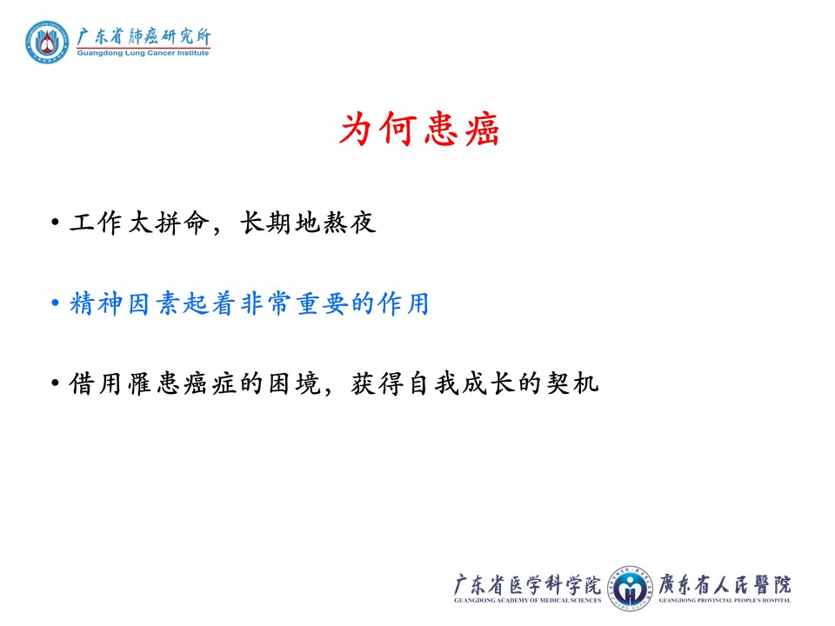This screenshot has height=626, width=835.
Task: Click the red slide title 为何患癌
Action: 419,129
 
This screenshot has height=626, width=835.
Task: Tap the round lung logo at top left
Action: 47,42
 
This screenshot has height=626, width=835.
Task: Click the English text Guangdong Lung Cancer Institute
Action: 143,53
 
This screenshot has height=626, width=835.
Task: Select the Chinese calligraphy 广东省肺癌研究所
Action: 144,37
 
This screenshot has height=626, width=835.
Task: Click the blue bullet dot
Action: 55,303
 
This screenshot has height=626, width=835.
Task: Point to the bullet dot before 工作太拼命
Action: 55,222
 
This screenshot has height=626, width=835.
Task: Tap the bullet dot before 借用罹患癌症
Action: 55,383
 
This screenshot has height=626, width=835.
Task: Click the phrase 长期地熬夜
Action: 308,223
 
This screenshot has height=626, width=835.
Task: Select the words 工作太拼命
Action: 137,223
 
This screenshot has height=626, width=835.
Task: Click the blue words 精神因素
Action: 125,303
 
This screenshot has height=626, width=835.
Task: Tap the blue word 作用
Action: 403,303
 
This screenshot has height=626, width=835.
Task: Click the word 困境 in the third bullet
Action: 294,383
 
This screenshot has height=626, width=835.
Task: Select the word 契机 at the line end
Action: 572,383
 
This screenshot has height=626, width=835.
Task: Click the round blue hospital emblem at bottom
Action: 630,589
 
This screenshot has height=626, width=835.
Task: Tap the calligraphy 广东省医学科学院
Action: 527,584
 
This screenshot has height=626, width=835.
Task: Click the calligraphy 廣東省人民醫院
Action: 725,584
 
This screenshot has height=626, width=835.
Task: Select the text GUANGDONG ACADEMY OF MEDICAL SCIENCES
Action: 527,601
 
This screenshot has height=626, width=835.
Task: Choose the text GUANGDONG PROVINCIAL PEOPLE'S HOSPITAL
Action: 725,601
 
